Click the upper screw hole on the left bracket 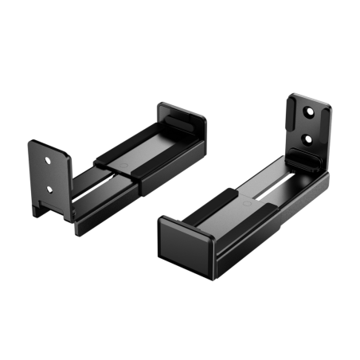(49, 159)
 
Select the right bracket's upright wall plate (307, 127)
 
